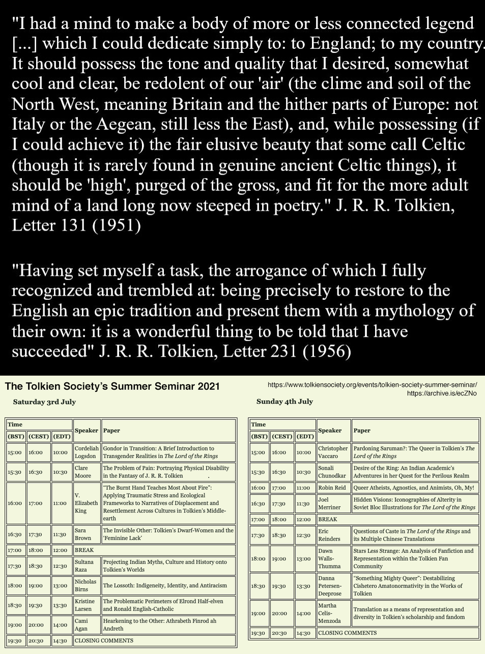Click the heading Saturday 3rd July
pyautogui.click(x=44, y=402)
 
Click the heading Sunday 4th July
pyautogui.click(x=284, y=401)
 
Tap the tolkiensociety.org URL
pyautogui.click(x=372, y=385)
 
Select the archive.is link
pyautogui.click(x=442, y=393)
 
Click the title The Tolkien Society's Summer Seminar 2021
pyautogui.click(x=112, y=386)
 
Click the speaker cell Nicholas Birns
pyautogui.click(x=85, y=585)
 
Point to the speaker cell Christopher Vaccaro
pyautogui.click(x=333, y=452)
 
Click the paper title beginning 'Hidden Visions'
pyautogui.click(x=414, y=503)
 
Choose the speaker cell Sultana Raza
pyautogui.click(x=84, y=565)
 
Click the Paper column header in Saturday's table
pyautogui.click(x=111, y=431)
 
